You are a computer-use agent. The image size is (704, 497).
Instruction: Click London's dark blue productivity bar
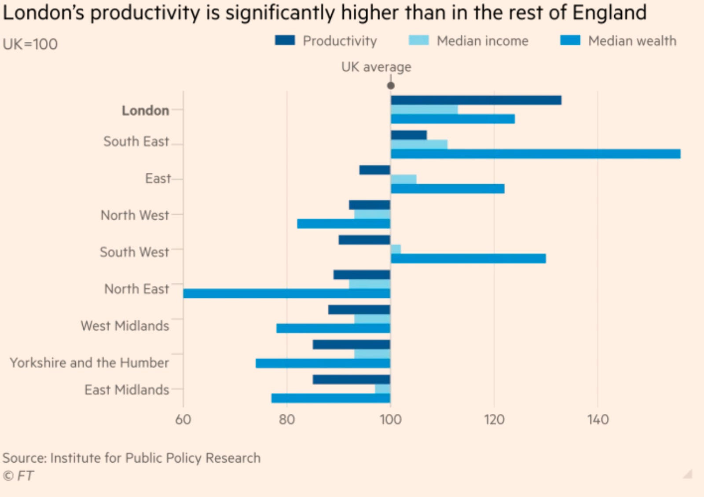click(476, 100)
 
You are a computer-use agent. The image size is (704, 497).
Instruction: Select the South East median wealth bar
click(535, 154)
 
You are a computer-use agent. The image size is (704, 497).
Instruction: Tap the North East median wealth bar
click(286, 293)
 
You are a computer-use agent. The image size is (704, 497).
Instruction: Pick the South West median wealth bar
click(468, 259)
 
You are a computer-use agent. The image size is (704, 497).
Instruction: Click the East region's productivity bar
click(374, 170)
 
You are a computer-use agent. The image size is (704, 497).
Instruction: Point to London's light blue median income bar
click(424, 110)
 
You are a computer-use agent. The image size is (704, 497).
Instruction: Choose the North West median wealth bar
click(344, 224)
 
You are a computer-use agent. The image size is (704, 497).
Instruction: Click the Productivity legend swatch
click(285, 40)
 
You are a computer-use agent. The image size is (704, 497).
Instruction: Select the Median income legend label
click(482, 41)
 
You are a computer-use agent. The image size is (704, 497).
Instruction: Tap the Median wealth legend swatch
click(570, 40)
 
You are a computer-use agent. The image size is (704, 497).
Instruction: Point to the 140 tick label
click(598, 420)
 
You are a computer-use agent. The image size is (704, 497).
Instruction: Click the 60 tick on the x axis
click(183, 420)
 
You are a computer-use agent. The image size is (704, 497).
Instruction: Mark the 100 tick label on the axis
click(390, 420)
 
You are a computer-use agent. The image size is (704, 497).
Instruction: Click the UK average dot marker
click(391, 86)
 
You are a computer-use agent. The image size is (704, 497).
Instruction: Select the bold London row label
click(145, 110)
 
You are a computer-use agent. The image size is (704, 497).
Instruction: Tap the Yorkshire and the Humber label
click(89, 363)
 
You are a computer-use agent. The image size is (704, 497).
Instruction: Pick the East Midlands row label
click(127, 390)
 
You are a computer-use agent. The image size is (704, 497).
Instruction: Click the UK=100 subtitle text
click(30, 44)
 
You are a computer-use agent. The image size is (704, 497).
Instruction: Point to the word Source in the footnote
click(24, 458)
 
